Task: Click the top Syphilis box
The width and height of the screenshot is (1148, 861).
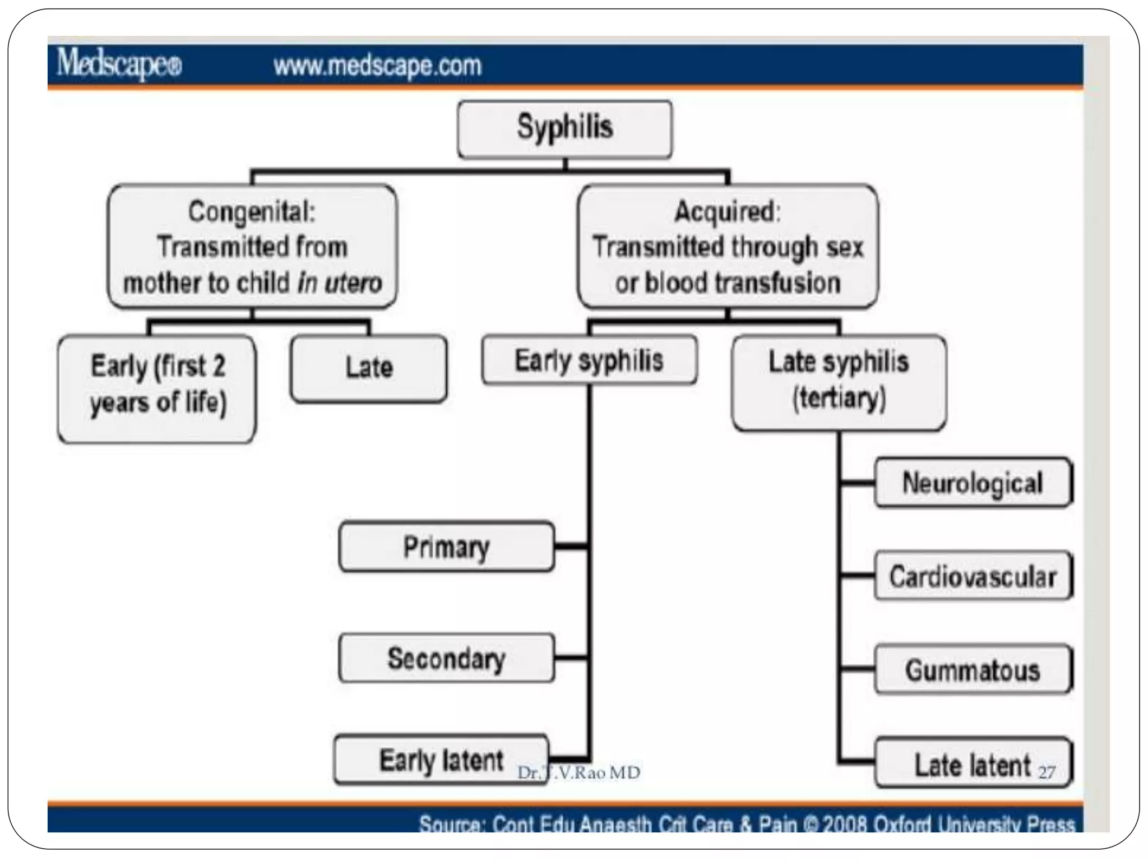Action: click(x=564, y=129)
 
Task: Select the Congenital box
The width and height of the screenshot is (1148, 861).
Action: click(x=252, y=247)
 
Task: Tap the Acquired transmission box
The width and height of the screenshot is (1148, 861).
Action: click(x=728, y=247)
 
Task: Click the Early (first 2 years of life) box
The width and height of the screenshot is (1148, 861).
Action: click(x=157, y=388)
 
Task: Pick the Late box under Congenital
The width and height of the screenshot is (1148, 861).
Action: click(x=369, y=368)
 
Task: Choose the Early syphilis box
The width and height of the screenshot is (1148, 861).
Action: click(x=589, y=360)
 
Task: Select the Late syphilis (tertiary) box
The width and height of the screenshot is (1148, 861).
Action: click(x=839, y=382)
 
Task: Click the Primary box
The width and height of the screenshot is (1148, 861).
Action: click(x=446, y=547)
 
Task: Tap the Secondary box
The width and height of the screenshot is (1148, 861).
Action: click(x=446, y=658)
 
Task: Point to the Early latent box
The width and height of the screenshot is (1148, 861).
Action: click(x=441, y=760)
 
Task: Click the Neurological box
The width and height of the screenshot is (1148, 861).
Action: click(x=973, y=483)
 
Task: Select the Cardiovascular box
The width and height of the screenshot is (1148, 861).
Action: click(x=973, y=576)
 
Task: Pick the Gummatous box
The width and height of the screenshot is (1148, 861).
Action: click(x=973, y=670)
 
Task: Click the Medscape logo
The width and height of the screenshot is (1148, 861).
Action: click(x=119, y=65)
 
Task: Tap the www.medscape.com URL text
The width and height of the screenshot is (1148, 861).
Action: click(x=377, y=66)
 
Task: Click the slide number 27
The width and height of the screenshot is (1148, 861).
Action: click(x=1047, y=773)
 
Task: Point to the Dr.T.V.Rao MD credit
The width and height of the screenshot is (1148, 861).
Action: click(x=578, y=773)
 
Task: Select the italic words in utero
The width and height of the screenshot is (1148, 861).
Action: click(x=340, y=283)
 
